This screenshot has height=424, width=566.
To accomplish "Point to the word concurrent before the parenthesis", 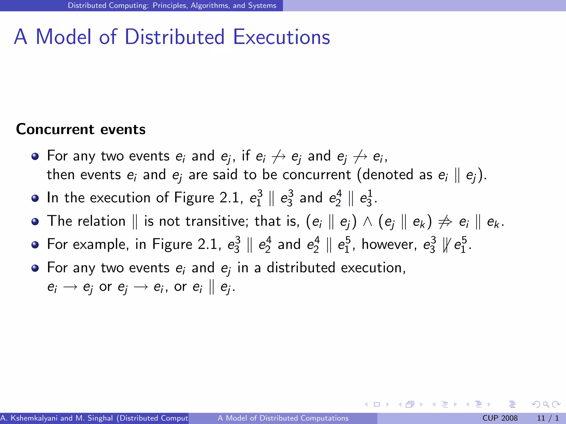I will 316,174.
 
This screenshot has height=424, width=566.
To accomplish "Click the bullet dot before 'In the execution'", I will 35,198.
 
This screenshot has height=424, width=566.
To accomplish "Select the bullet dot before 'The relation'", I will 35,221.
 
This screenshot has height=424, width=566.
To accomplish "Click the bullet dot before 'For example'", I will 35,245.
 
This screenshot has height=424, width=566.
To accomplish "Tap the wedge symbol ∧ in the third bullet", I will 367,221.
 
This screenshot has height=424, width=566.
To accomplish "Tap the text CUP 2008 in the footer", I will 500,418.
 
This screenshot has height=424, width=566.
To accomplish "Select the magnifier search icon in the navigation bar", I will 546,404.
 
